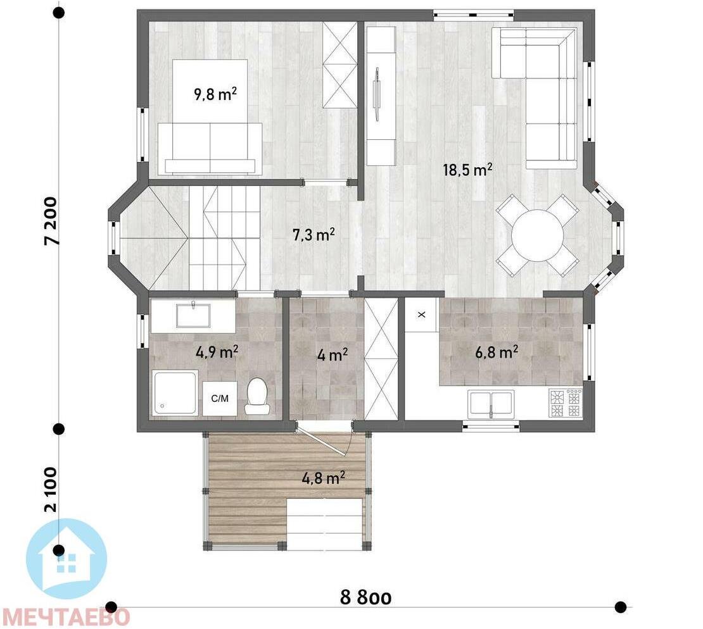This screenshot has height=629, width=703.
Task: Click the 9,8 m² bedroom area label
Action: coord(215,94)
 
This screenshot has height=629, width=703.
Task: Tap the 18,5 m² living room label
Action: coord(468,170)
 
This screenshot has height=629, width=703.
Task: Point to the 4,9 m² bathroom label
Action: coord(217,352)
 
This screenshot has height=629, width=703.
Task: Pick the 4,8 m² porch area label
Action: coord(323,478)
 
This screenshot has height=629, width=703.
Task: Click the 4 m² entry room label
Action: coord(332,355)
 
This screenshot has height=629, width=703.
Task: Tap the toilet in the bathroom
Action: coord(257,395)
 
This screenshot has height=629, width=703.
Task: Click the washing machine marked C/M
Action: coord(220,398)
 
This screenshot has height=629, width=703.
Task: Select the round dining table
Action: coord(538,235)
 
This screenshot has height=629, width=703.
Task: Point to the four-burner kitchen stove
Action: coord(566,403)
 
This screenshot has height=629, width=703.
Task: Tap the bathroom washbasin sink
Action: coord(193,315)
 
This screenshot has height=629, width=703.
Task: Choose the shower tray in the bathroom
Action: coord(175,393)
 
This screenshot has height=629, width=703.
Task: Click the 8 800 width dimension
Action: coord(366,597)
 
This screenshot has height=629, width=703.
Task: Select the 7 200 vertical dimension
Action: coord(51,220)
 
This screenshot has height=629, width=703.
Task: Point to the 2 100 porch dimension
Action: coord(51,490)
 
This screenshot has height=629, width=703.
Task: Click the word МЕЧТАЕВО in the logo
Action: coord(66,618)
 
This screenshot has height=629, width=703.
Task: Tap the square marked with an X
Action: coord(421,314)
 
